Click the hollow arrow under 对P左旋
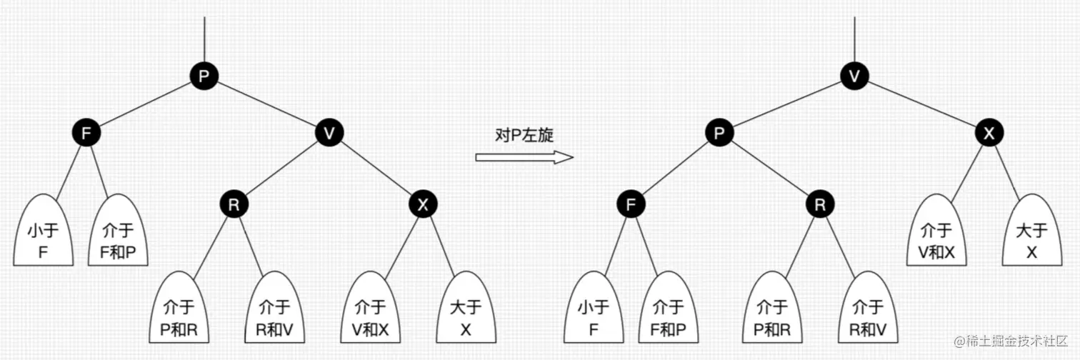coord(524,157)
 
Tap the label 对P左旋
coord(524,135)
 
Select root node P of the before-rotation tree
coord(204,76)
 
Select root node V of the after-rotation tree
coord(854,76)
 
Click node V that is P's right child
coord(329,133)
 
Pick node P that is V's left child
coord(719,133)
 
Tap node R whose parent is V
coord(234,205)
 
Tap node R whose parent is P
coord(819,205)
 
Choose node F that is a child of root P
coord(86,133)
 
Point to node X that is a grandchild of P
coord(423,205)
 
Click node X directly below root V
coord(989,133)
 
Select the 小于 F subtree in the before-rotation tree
coord(44,239)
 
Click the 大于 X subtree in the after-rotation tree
coord(1031,239)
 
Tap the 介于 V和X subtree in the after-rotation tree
coord(936,239)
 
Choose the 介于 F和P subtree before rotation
coord(119,239)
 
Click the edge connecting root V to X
coord(921,104)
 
